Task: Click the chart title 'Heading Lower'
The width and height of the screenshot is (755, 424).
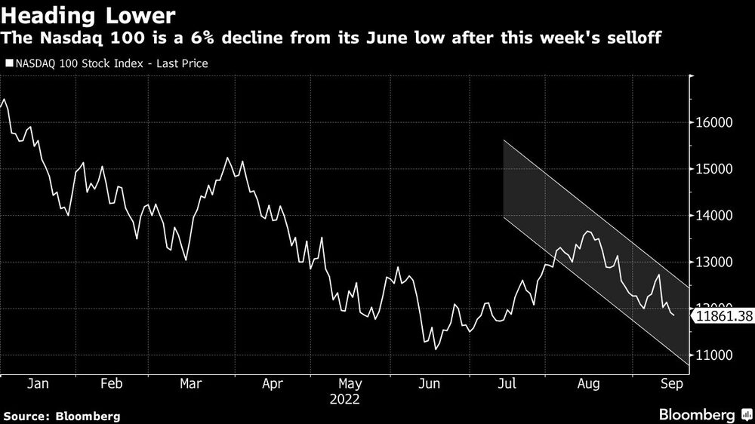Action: click(89, 16)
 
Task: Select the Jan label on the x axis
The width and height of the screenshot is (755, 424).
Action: click(38, 383)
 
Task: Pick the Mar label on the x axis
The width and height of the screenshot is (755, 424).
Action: click(191, 383)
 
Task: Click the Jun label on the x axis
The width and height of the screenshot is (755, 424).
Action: click(430, 383)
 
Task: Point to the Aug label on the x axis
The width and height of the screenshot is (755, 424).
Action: click(588, 383)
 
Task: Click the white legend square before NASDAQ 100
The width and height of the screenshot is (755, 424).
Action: click(9, 64)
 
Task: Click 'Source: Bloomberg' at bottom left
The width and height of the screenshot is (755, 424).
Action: click(61, 416)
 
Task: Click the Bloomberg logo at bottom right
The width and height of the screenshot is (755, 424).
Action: click(698, 414)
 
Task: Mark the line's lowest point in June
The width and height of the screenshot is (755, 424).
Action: click(436, 349)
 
